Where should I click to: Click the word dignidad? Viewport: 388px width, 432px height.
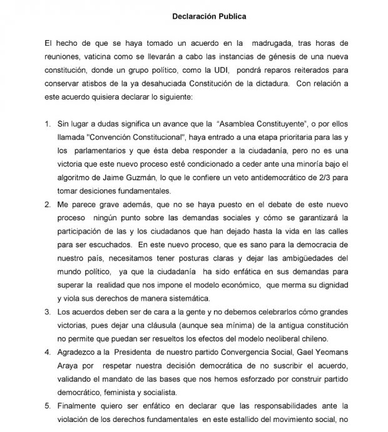(x=329, y=284)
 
